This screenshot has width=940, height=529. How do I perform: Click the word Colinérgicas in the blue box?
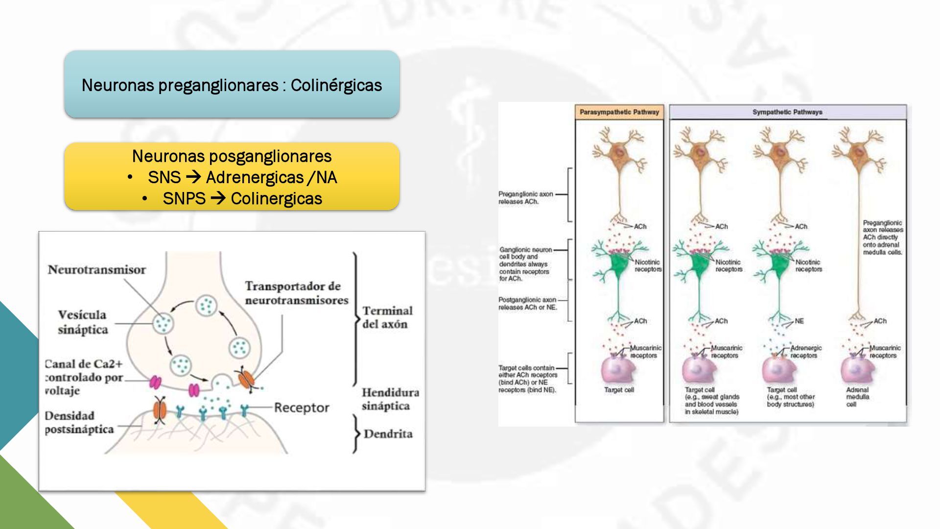[x=336, y=85]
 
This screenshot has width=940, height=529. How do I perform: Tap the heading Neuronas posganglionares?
[x=232, y=156]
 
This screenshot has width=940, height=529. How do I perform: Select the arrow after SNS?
[x=193, y=177]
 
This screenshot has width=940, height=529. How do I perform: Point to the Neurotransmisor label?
[x=97, y=270]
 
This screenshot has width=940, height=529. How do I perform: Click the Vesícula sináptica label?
[x=82, y=322]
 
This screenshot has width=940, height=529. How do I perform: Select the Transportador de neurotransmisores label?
[x=296, y=293]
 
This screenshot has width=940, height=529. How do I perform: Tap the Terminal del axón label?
[x=387, y=317]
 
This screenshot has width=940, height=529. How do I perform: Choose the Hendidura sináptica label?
[x=390, y=399]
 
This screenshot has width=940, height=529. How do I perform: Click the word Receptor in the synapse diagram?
[x=301, y=408]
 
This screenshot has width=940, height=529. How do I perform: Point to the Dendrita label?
[x=388, y=434]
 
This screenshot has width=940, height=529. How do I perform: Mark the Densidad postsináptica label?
[x=79, y=422]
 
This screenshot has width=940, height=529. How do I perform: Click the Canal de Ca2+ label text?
[x=84, y=377]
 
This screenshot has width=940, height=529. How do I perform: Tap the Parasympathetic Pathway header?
[x=619, y=112]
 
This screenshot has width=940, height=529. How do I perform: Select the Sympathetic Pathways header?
[x=787, y=112]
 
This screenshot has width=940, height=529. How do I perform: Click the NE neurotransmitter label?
[x=799, y=321]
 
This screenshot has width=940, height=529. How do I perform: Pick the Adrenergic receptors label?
[x=806, y=352]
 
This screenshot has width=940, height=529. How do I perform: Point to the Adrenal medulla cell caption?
[x=857, y=397]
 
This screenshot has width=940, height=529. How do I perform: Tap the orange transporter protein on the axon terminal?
[x=246, y=379]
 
